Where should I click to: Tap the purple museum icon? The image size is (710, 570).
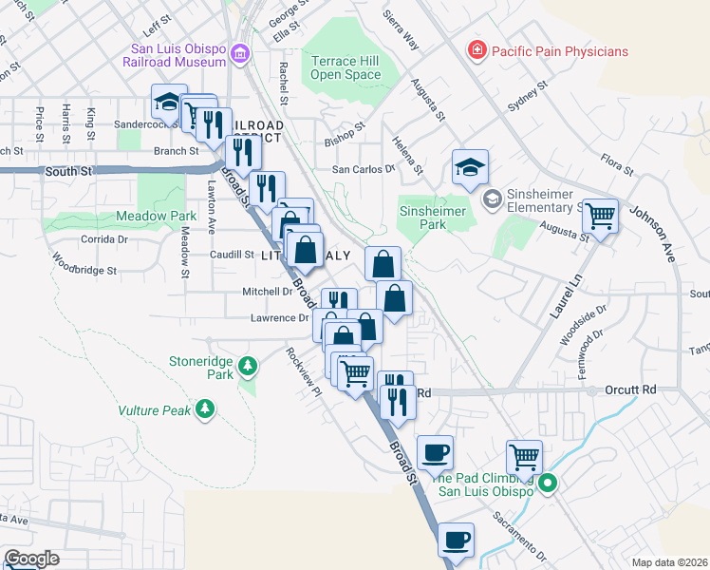point(241,54)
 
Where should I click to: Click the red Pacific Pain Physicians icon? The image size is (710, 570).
point(476,50)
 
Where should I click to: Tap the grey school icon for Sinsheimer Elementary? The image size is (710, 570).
point(492,198)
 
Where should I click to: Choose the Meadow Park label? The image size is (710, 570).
point(156,217)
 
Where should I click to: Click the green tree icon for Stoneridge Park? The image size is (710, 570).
point(248,366)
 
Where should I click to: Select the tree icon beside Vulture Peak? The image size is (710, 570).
point(204,410)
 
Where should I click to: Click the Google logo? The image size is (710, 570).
point(31,559)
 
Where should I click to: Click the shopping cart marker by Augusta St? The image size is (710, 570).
point(600,215)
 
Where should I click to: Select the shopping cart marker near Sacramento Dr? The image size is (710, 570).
point(524,456)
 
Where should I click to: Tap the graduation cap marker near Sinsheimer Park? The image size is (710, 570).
point(470,167)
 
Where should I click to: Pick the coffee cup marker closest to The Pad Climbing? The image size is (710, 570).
point(435,453)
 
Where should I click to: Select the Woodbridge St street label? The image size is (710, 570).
point(84,263)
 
